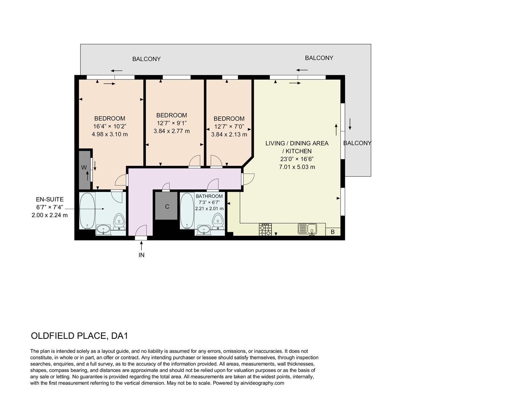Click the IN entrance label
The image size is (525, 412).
coord(141,255)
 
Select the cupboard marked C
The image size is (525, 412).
coord(166,206)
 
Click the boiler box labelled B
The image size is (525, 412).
coord(333,232)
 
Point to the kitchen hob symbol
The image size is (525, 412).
coord(266,229)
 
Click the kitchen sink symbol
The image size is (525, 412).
coord(308,229)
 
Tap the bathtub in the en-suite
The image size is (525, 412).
coord(87,211)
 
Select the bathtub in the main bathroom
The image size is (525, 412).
coord(187,211)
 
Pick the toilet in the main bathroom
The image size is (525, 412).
coord(217,221)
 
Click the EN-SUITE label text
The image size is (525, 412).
coord(50,200)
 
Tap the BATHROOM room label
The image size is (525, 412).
coord(209,196)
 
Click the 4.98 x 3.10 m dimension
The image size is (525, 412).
coord(110,134)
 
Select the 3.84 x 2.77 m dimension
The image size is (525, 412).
coord(171,131)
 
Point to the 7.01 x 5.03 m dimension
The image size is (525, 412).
coord(297,167)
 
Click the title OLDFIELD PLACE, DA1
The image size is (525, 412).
coord(79,336)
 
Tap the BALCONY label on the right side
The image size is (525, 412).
coord(357,143)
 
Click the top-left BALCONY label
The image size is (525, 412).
coord(146,59)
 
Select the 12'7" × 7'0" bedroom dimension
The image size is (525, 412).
coord(229,127)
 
